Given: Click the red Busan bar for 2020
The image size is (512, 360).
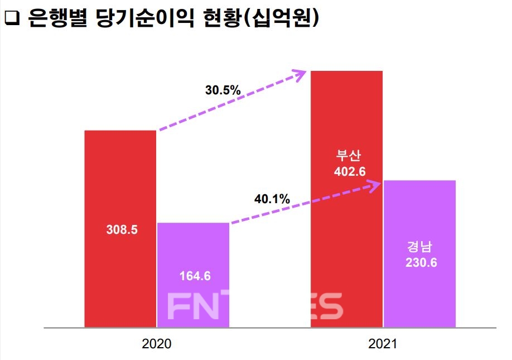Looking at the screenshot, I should point(120,184).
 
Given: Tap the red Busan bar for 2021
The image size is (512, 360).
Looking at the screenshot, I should point(346,123).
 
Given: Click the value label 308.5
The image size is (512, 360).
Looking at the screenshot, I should point(121,229).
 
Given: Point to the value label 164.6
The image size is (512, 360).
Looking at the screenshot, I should point(195,276).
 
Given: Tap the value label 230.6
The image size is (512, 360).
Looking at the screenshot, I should point(421,262).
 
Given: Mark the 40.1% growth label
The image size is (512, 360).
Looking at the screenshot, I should point(272,198).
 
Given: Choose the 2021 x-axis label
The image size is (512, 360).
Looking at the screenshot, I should point(383,344).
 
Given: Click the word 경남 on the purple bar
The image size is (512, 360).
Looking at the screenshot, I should point(421,247).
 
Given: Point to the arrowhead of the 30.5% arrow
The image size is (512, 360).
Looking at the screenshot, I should point(301,73).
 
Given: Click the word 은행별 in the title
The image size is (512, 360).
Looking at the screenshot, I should point(52,19).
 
